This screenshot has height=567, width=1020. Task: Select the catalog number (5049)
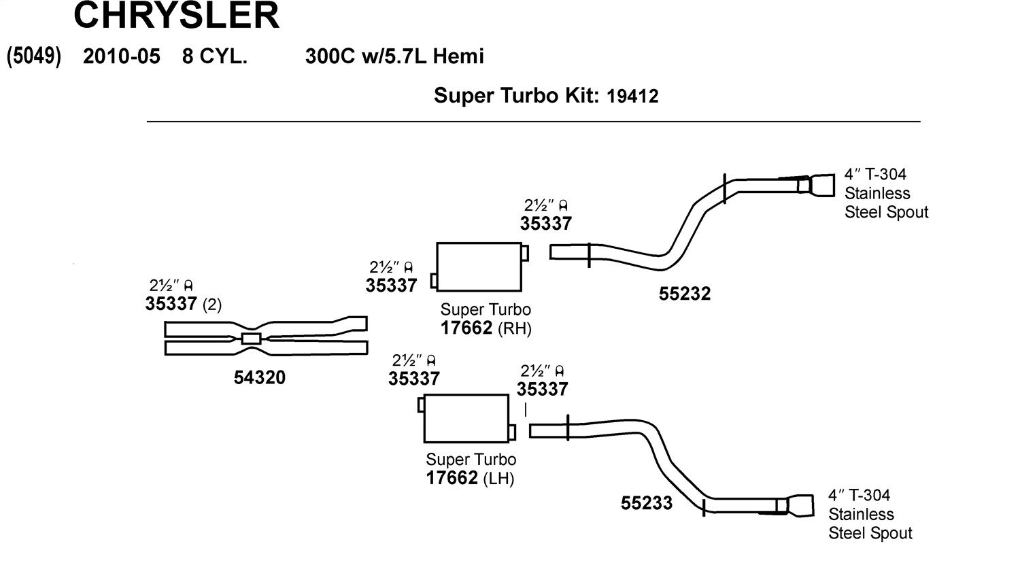(34, 56)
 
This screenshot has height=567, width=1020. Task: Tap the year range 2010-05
(122, 56)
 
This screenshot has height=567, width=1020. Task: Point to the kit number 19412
(632, 96)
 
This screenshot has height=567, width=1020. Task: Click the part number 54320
(260, 377)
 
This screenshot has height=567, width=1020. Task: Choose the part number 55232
(684, 294)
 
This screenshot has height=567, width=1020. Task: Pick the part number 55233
(647, 503)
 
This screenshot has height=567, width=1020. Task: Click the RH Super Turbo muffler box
(479, 267)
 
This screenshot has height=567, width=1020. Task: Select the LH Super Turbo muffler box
(466, 419)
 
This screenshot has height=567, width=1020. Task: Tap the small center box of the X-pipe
(251, 339)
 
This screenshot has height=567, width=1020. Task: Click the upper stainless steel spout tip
(822, 186)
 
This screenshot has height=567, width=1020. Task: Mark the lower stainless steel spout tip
(801, 506)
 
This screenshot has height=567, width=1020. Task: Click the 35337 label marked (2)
(171, 304)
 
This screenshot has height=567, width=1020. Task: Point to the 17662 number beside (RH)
(466, 328)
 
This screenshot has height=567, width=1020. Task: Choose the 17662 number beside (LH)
(452, 478)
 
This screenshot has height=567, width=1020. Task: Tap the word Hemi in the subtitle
(458, 56)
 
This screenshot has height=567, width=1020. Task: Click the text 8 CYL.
(215, 56)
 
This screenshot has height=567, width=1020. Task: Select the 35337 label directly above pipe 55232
(545, 224)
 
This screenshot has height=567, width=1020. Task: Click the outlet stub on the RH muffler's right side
(525, 253)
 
